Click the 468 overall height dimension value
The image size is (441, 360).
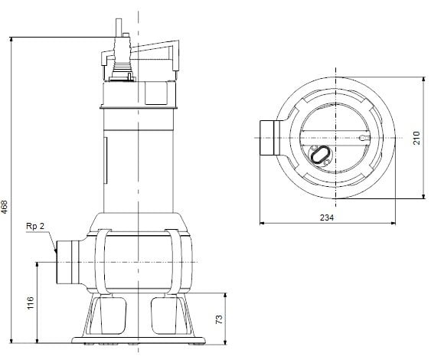coord(5,207)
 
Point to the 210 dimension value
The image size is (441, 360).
coord(416,138)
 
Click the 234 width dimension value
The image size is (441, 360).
coord(326,218)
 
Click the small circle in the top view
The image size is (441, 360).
coord(360,139)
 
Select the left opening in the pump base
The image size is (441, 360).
coord(109,313)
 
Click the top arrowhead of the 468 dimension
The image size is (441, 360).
coord(14,40)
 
